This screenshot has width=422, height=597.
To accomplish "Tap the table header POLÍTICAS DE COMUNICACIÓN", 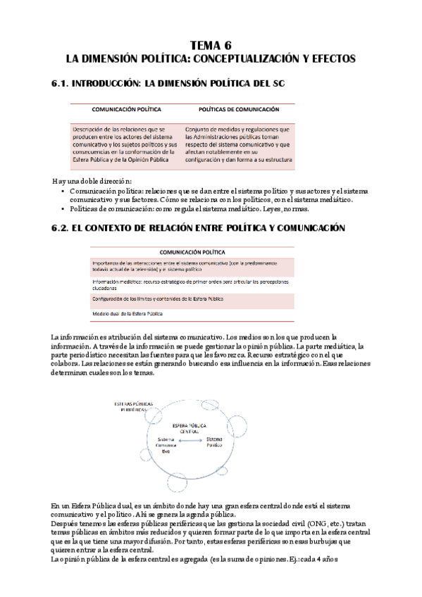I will [x=239, y=110].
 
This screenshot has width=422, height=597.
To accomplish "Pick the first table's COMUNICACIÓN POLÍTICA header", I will [x=127, y=110].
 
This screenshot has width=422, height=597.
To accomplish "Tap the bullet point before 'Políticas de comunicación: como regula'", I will [x=64, y=208].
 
